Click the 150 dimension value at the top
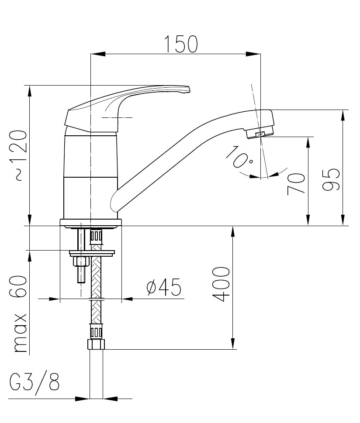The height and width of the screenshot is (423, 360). click(x=181, y=44)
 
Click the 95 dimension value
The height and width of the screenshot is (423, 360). click(x=331, y=180)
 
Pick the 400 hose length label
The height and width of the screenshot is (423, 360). click(x=221, y=284)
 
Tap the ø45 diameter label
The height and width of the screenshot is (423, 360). click(x=164, y=287)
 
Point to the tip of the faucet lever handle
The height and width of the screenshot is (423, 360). click(x=189, y=89)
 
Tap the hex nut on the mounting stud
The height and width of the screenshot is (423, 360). click(x=81, y=261)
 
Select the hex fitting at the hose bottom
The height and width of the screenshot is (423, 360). click(x=96, y=344)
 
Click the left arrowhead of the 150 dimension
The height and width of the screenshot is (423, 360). click(x=98, y=54)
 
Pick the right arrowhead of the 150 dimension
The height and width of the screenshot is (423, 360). click(x=253, y=54)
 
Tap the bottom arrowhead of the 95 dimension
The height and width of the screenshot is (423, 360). click(x=343, y=219)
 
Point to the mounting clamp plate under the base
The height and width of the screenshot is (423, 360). click(x=92, y=253)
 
